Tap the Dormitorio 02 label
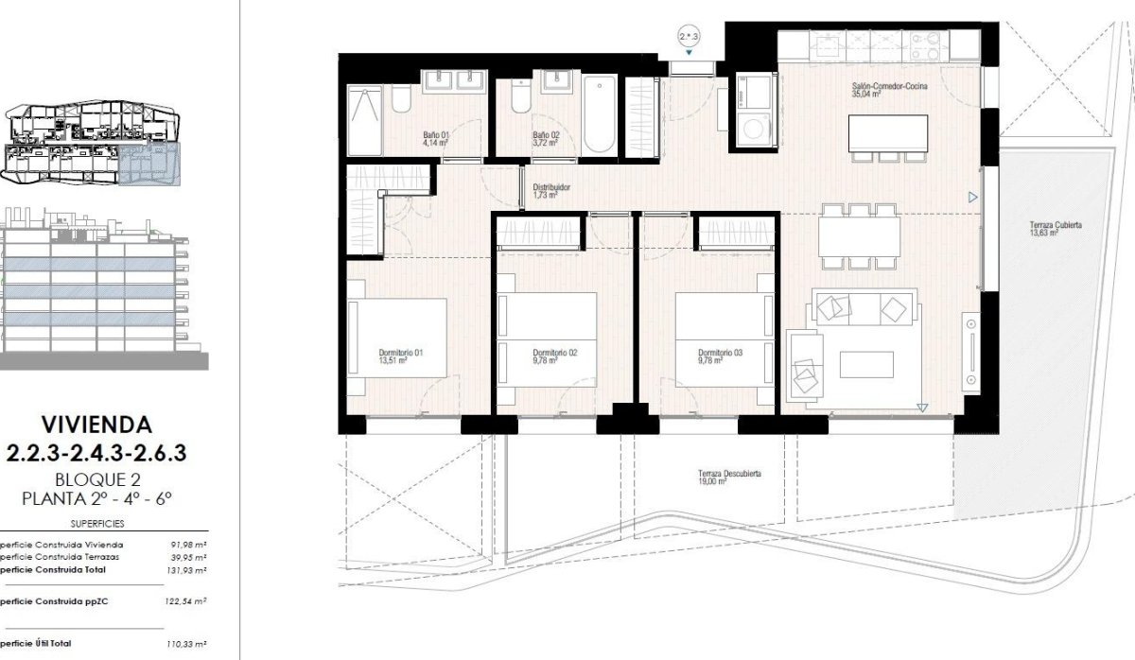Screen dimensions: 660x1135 click(554, 356)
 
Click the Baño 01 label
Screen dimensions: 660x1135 click(435, 138)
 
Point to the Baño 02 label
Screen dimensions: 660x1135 click(546, 138)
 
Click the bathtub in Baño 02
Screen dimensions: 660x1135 click(600, 115)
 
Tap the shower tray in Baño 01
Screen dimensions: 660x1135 click(364, 120)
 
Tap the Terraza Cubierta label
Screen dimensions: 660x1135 click(1056, 229)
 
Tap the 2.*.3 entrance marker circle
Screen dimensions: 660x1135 click(690, 37)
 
